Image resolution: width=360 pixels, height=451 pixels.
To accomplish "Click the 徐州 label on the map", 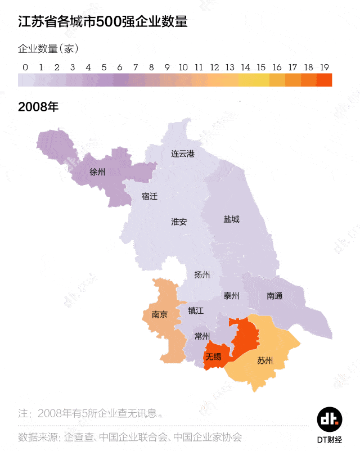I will [97, 172].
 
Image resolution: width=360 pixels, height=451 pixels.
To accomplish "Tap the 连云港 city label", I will [183, 154].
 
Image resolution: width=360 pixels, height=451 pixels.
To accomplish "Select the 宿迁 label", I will [150, 196].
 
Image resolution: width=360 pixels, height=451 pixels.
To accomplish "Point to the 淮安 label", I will [179, 222].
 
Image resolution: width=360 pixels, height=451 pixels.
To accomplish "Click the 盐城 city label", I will [231, 219].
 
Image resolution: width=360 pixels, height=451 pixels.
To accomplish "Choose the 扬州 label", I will [202, 274].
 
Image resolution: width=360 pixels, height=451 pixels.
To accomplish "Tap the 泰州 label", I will [231, 296].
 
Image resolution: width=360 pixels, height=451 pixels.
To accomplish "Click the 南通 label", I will [274, 296].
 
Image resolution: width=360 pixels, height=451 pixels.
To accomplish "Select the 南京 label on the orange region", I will [160, 315].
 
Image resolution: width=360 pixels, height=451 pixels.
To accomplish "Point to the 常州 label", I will [201, 336].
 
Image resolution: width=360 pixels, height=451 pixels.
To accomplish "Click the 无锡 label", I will [213, 357].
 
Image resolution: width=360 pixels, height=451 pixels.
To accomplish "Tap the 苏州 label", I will [264, 360].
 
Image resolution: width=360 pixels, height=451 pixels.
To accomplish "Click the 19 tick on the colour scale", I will [325, 67].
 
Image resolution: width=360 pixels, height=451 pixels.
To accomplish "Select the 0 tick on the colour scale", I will [25, 67].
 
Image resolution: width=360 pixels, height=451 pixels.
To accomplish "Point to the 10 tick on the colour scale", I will [183, 67].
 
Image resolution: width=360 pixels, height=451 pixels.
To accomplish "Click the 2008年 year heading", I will [38, 107].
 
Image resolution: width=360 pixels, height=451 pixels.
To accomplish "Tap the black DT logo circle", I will [330, 419].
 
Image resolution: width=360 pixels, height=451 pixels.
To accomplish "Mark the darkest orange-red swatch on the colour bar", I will [325, 80].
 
